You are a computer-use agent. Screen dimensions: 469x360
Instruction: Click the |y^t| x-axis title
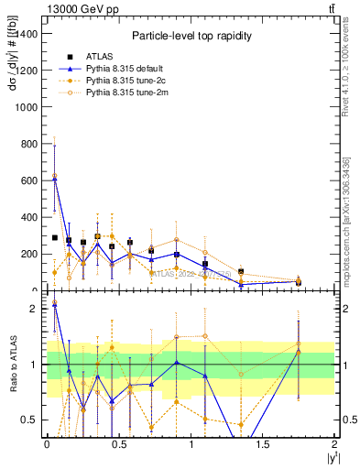click(x=329, y=459)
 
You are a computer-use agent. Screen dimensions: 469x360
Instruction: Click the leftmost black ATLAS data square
click(x=55, y=237)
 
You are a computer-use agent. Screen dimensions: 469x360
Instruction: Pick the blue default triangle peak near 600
click(x=55, y=180)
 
